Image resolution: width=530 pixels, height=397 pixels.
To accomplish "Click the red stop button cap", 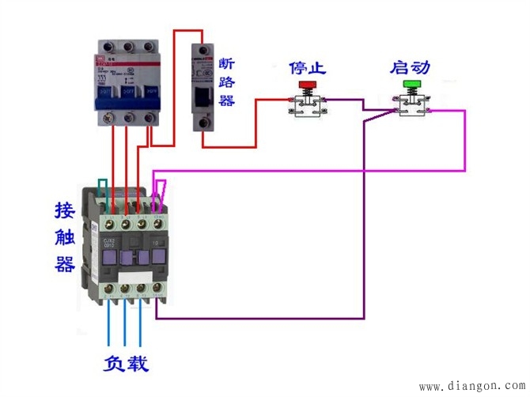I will point(306,84).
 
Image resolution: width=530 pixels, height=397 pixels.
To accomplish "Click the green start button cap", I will point(411,83).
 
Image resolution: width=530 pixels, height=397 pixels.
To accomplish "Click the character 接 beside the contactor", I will point(65,210).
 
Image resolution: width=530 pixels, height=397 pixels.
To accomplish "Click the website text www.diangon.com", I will point(471,387).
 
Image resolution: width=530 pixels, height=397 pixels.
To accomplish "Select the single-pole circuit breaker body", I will point(204,87).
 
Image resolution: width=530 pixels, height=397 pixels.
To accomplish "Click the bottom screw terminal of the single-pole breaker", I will point(204,123).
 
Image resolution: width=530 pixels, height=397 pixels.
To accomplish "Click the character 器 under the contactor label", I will point(65,263).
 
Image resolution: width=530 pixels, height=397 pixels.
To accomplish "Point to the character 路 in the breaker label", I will point(226,82).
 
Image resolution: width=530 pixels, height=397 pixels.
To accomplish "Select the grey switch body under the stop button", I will point(307,107).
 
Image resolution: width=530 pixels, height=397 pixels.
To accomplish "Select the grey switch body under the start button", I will point(412,106).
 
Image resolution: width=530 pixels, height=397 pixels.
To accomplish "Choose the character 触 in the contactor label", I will point(65,236).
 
